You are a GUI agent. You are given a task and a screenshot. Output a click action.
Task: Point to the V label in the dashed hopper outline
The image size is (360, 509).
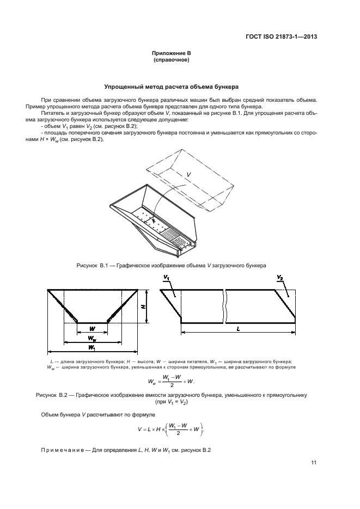tap(188, 174)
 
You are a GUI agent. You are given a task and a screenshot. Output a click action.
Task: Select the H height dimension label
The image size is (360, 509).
tap(143, 306)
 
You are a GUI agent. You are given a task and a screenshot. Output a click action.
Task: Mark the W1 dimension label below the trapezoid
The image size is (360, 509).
tap(91, 347)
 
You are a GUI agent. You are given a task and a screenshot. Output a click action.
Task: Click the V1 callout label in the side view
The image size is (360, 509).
tap(166, 278)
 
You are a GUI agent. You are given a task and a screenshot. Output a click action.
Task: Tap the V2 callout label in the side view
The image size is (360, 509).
tap(279, 278)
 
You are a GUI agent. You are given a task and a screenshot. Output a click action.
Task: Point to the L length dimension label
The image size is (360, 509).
tap(239, 329)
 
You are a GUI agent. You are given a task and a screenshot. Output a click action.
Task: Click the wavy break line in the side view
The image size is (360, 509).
tap(224, 305)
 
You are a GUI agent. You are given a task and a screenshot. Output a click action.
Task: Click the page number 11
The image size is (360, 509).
tap(314, 463)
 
